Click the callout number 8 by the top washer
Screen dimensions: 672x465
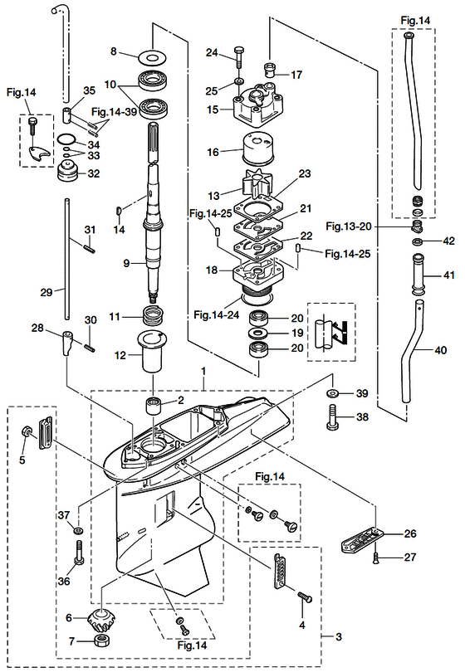[x=114, y=51]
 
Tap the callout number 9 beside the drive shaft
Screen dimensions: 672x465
[x=126, y=263]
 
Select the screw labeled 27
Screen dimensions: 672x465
[x=376, y=557]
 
